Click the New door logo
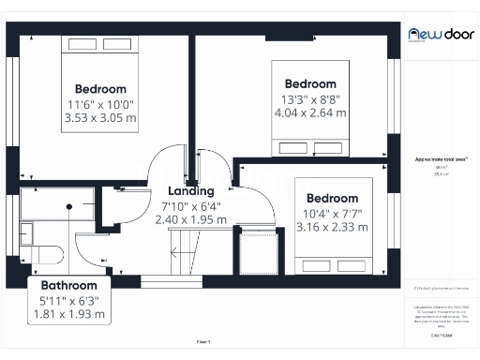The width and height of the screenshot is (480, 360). coord(440,33)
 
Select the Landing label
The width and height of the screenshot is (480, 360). coord(191,191)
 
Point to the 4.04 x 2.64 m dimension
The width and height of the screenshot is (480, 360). coord(309,112)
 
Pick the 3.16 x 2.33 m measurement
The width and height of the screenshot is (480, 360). coord(333,227)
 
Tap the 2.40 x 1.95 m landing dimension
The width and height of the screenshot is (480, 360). coord(191,220)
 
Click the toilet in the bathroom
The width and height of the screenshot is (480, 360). coord(47,254)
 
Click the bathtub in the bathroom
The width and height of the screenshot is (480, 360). coord(56,202)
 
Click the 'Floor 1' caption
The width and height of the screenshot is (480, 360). coord(203,342)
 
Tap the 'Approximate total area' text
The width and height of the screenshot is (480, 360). coord(441,160)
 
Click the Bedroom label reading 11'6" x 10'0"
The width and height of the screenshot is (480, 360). coord(99,89)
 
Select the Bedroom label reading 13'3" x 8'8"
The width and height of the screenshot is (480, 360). coord(309,83)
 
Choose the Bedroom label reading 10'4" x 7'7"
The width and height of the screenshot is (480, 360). coord(333,199)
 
